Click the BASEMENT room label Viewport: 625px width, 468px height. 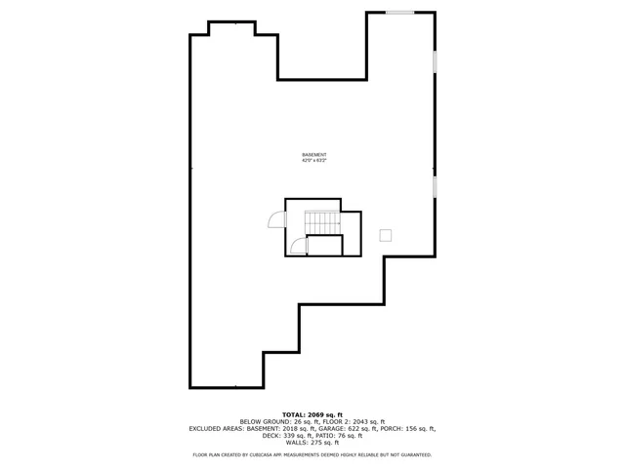313,155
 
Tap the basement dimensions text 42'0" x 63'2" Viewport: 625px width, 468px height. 313,161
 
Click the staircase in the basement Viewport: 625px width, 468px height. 321,222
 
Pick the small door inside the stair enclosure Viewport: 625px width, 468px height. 299,246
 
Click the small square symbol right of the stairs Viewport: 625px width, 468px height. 385,235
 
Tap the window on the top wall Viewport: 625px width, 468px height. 399,13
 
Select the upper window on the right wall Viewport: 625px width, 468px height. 435,61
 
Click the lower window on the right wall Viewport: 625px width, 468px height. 435,186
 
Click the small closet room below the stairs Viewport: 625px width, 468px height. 324,246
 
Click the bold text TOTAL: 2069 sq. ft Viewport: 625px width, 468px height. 312,414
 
